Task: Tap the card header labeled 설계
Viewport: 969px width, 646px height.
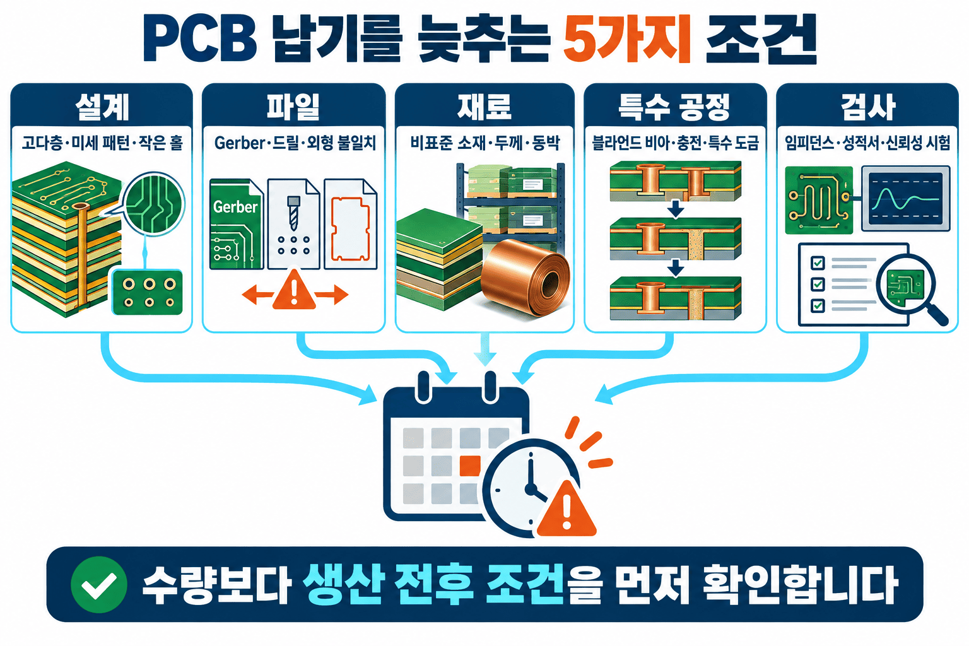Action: coord(102,107)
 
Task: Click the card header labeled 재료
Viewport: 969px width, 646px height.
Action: coord(484,107)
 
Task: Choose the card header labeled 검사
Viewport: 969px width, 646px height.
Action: coord(867,107)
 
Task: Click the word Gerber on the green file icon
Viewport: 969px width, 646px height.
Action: coord(235,207)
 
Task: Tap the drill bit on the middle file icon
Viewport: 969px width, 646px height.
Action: coord(294,213)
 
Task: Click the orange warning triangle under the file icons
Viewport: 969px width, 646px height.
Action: coord(294,290)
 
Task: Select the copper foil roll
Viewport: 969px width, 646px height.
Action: coord(525,276)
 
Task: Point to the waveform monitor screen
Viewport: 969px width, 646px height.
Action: coord(905,199)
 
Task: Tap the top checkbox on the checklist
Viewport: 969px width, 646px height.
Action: coord(817,262)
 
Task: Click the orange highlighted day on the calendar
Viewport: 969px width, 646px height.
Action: coord(470,466)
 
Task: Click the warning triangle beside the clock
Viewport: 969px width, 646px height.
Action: coord(567,510)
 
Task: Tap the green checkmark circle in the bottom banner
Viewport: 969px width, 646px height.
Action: coord(99,584)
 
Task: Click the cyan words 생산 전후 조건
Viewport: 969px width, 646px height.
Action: coord(433,584)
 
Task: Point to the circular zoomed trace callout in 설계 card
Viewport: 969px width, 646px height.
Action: coord(153,203)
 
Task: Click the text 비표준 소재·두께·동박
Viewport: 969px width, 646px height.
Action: coord(485,143)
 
